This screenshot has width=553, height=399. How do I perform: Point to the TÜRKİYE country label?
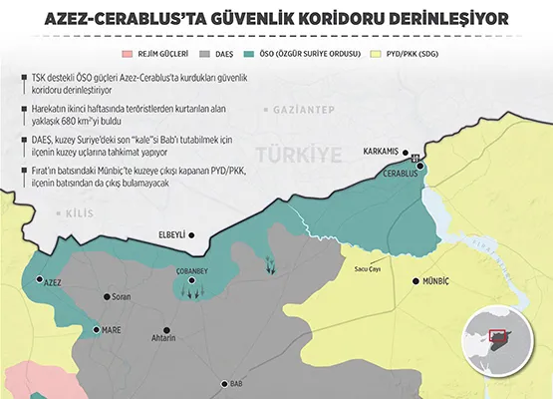pyautogui.click(x=298, y=153)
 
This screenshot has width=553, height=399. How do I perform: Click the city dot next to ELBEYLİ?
pyautogui.click(x=192, y=235)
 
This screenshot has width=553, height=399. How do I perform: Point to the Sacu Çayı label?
pyautogui.click(x=369, y=267)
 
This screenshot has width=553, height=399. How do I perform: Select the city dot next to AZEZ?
pyautogui.click(x=39, y=280)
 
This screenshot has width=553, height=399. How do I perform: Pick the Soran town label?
pyautogui.click(x=122, y=297)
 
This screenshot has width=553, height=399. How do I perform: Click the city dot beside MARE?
pyautogui.click(x=96, y=329)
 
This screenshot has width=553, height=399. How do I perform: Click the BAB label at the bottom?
pyautogui.click(x=236, y=383)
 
